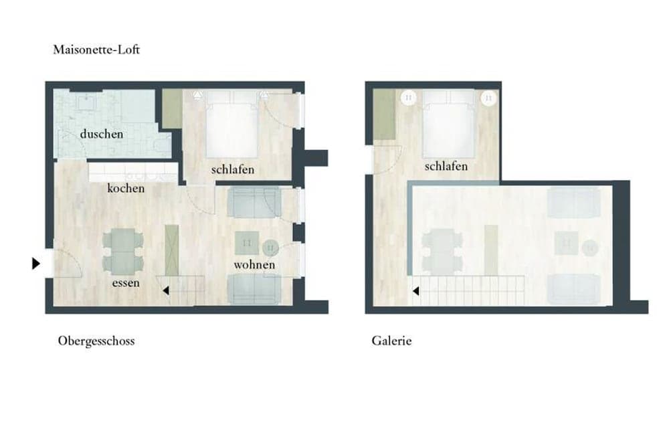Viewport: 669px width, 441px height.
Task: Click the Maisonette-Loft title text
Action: (x=96, y=50)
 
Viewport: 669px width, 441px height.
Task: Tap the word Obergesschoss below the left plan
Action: (x=96, y=341)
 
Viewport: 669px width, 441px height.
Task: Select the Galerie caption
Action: (x=391, y=341)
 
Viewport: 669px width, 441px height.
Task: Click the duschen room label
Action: (x=102, y=134)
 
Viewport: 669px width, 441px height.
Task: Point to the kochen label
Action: (x=126, y=188)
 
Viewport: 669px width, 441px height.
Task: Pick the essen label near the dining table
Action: (x=126, y=282)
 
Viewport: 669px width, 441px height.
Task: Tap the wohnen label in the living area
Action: (x=254, y=265)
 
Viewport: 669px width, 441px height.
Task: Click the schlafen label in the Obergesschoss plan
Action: (x=233, y=169)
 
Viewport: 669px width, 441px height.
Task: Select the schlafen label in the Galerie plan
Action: (x=446, y=166)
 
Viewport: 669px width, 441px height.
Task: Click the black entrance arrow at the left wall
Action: (x=36, y=264)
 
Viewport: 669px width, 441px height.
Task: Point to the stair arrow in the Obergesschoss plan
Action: (x=166, y=290)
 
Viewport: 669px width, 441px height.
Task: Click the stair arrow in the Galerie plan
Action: (x=415, y=291)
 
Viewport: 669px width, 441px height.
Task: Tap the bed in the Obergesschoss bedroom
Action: (x=231, y=124)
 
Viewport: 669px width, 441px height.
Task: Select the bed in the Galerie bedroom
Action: (x=448, y=124)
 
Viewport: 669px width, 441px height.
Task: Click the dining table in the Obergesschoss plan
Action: (x=122, y=252)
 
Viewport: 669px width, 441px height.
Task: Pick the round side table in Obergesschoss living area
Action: (x=270, y=247)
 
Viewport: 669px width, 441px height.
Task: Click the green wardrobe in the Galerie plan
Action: (x=384, y=114)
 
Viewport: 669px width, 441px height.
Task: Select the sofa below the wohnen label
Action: (x=254, y=290)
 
